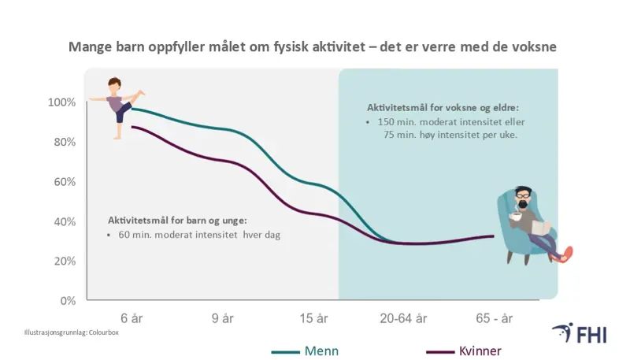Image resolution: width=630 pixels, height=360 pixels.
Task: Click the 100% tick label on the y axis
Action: tap(61, 102)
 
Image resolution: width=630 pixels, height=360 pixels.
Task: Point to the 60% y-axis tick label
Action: tap(64, 182)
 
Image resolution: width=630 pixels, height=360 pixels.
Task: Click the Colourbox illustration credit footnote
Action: tap(71, 333)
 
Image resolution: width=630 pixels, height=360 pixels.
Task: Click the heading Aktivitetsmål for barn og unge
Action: tap(177, 220)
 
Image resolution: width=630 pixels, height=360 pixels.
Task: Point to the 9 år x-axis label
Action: tap(222, 318)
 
